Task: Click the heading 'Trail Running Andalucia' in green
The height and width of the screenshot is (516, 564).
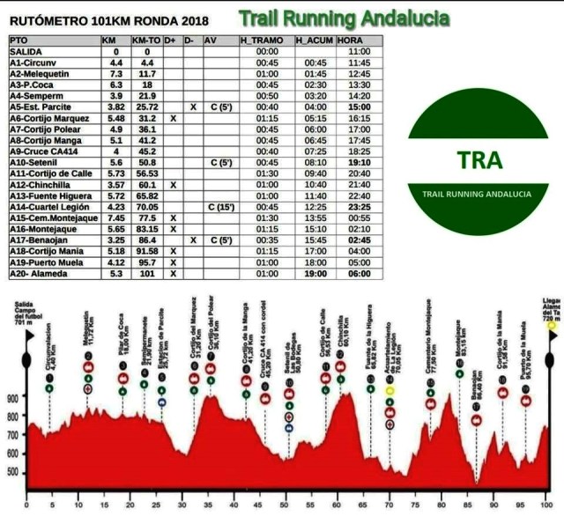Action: pyautogui.click(x=344, y=18)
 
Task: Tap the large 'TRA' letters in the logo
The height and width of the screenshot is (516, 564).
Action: pyautogui.click(x=480, y=160)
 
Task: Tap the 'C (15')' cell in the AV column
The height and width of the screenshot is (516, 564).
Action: pyautogui.click(x=217, y=207)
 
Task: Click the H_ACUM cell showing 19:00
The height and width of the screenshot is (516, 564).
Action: pyautogui.click(x=315, y=273)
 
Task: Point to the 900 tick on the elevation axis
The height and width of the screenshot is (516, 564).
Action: pyautogui.click(x=11, y=398)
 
